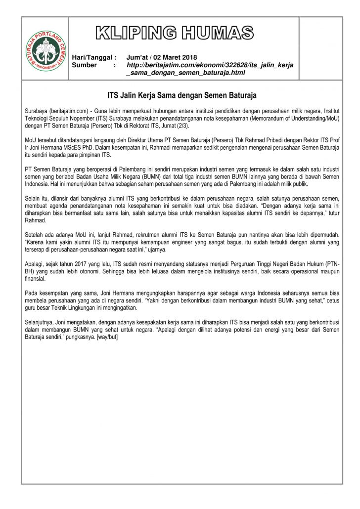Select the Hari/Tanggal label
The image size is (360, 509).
click(x=93, y=58)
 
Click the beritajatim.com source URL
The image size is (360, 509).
click(x=210, y=69)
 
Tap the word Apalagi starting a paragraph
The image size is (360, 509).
click(x=35, y=264)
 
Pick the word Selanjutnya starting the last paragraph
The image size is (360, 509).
click(x=40, y=320)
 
